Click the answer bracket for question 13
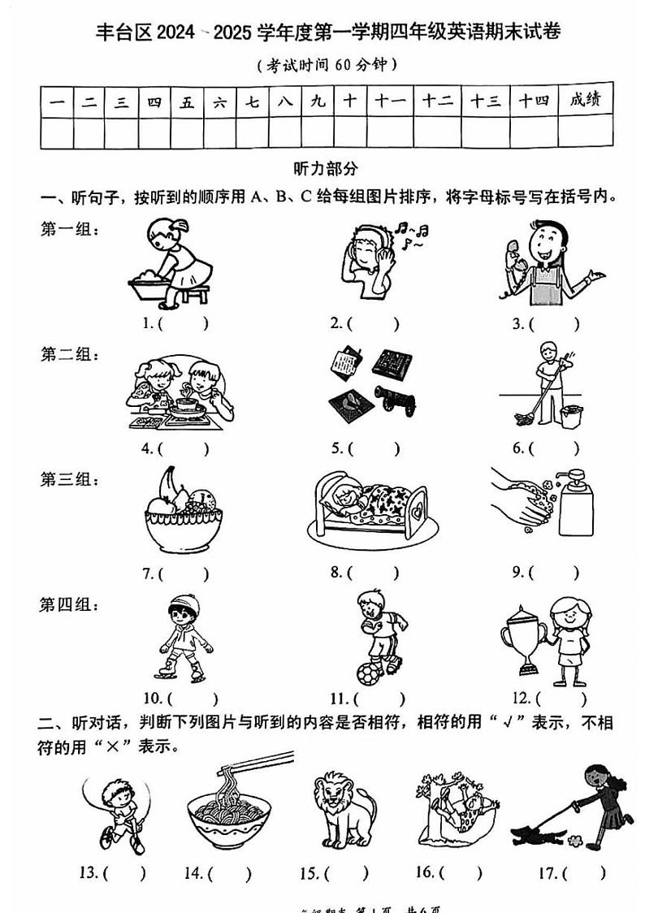(126, 874)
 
